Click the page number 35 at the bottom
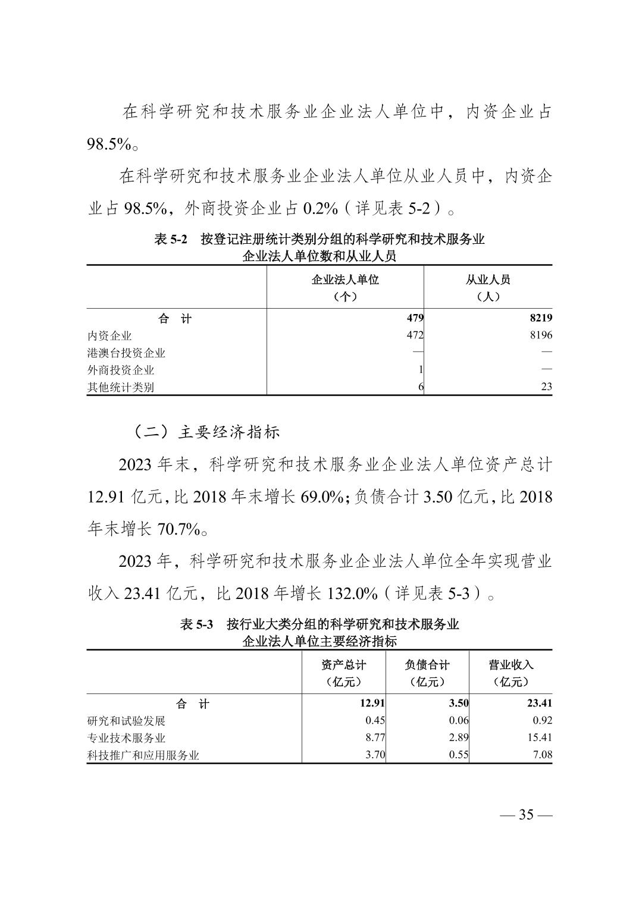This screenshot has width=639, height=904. point(526,814)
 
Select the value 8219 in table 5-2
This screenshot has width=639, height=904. point(540,318)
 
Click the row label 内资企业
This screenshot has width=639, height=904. point(109,335)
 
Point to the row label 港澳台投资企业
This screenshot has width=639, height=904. point(126,353)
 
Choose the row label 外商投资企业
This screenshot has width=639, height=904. point(121,370)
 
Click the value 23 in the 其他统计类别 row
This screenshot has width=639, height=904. point(546,387)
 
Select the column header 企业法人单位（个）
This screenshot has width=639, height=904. point(345,287)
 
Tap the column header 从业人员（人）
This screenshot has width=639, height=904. point(488,287)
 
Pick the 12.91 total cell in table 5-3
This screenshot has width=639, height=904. point(372,703)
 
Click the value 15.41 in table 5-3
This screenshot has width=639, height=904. point(540,737)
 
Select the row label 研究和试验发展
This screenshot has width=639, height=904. point(126,721)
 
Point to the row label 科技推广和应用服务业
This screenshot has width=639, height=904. point(143,755)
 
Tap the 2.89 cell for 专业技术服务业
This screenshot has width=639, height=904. point(458,737)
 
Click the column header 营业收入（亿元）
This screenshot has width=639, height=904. point(511,673)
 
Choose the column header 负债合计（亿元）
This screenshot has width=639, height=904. point(427,673)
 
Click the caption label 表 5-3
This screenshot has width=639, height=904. point(196,624)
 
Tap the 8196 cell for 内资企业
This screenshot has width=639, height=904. point(540,335)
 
